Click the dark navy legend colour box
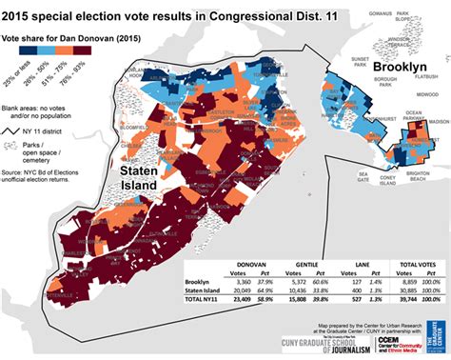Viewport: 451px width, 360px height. pos(10,58)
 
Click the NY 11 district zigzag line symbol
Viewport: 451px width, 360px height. pos(14,128)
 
